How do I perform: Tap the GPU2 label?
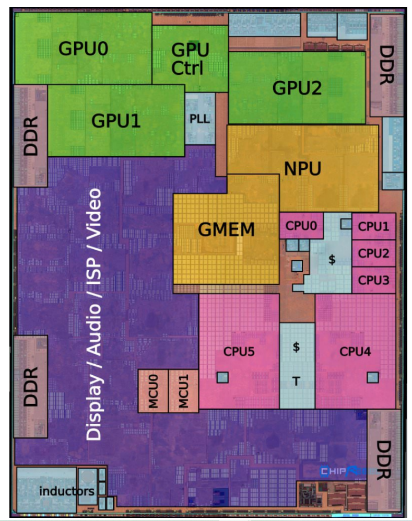coord(297,88)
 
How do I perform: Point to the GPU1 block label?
coord(116,121)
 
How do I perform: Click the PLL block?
coord(199,119)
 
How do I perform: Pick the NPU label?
coord(302,168)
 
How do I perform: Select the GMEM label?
coord(226,228)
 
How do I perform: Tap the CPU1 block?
coord(373,226)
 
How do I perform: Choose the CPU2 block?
coord(373,253)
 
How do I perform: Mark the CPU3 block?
coord(373,280)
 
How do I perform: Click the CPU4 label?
coord(355,352)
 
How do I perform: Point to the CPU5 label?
coord(239,352)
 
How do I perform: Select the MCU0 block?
coord(152,390)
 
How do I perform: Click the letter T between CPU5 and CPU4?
coord(296,381)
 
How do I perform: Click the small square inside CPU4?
coord(372,376)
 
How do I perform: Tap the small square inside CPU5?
coord(223,376)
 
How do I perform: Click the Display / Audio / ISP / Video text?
coord(94,314)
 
